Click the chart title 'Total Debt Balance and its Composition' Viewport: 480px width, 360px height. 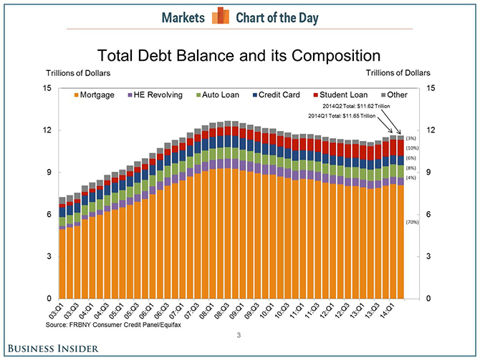(x=239, y=55)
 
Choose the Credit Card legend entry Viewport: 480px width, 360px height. (x=280, y=95)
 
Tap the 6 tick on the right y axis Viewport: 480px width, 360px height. (x=428, y=215)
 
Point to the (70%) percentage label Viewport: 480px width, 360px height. (x=412, y=223)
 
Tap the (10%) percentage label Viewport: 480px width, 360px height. (x=412, y=147)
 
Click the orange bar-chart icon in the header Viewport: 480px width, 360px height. (x=220, y=16)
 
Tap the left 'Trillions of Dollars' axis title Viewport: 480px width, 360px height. (x=78, y=72)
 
